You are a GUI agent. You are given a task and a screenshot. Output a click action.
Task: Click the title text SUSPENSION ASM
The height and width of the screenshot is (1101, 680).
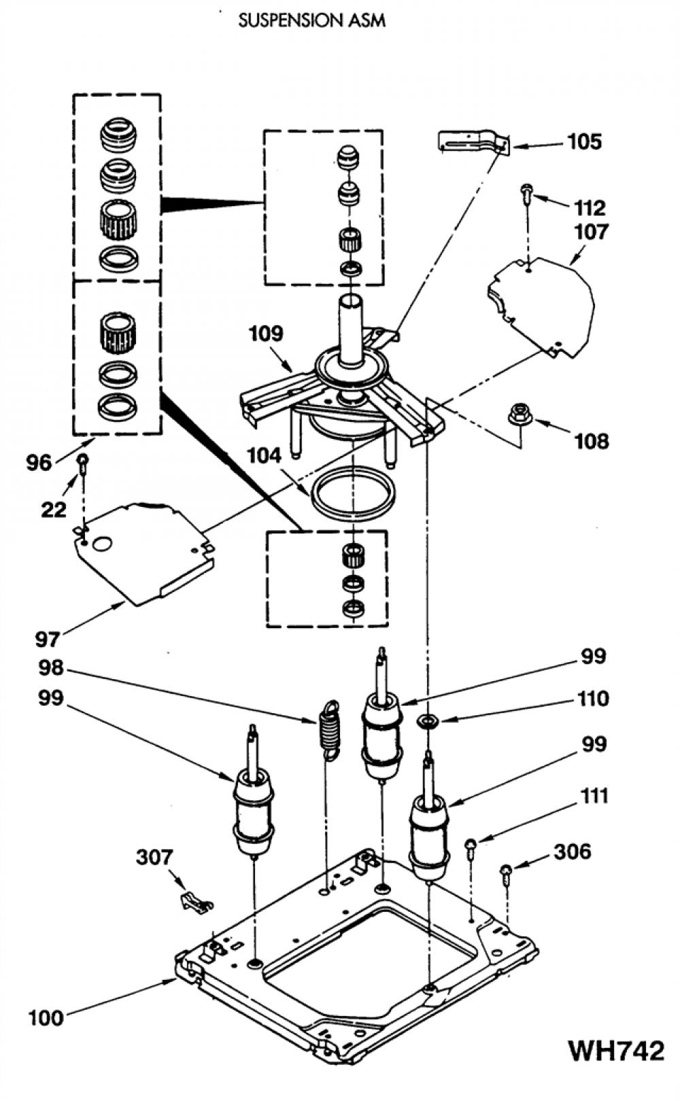(x=311, y=20)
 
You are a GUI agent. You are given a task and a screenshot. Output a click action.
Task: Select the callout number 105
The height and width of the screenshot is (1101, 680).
(x=584, y=142)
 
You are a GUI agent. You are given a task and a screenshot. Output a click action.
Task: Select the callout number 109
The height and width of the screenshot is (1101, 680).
(x=267, y=333)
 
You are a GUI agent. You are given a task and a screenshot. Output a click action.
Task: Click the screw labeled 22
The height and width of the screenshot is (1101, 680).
(x=83, y=465)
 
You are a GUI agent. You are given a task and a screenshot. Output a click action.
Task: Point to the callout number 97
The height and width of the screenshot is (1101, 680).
(x=47, y=640)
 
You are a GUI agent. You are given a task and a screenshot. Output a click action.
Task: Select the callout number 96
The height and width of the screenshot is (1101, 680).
(x=38, y=463)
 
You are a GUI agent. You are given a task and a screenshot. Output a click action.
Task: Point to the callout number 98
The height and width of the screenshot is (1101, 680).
(x=51, y=668)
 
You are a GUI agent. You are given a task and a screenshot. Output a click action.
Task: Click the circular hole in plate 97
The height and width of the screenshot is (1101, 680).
(x=103, y=544)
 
